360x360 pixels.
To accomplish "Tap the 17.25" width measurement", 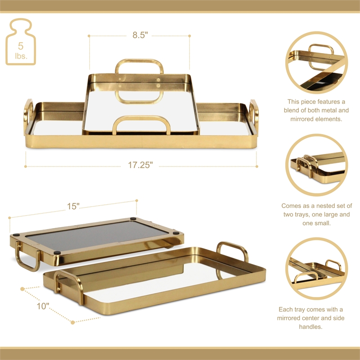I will [x=140, y=165].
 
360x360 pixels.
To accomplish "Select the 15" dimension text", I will [x=73, y=206].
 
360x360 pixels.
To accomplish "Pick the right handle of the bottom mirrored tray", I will [x=232, y=252].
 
